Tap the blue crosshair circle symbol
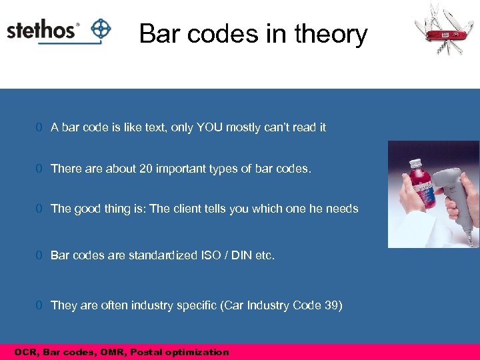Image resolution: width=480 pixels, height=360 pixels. tap(101, 29)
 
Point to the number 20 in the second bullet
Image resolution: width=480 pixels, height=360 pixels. tap(146, 169)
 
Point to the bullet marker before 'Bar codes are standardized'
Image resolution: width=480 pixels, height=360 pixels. tap(40, 255)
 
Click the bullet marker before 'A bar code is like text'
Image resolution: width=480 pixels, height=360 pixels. tap(40, 127)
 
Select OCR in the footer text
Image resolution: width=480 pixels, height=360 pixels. tap(26, 352)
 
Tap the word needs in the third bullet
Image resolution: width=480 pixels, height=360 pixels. tap(342, 209)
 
